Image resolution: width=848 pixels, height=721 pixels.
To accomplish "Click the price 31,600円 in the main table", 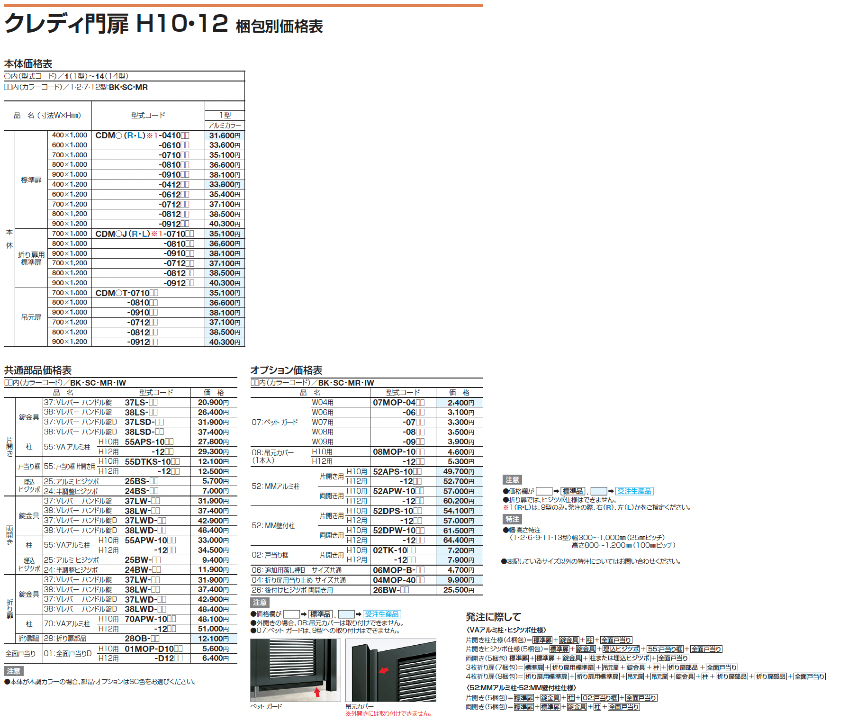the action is [225, 135].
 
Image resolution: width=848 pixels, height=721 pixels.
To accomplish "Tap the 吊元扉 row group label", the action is [31, 317].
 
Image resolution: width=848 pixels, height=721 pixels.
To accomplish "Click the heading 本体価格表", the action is [28, 63].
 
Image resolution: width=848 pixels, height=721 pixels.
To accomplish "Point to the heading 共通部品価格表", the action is [38, 370].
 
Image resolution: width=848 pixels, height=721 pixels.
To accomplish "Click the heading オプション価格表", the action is [286, 370].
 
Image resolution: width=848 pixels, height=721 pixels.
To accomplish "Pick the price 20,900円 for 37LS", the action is [213, 403].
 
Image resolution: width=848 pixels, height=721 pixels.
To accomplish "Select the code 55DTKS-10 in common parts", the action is [152, 461].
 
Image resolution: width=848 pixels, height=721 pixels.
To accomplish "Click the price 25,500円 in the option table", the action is [459, 590].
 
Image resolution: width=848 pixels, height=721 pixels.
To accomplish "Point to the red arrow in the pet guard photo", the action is [317, 692].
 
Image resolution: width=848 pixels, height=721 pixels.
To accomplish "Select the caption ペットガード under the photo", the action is [266, 706].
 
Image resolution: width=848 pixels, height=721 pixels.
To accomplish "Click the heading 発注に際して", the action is [493, 617].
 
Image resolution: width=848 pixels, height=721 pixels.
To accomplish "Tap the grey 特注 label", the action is [512, 519].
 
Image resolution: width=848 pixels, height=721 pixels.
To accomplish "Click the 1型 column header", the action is [225, 115].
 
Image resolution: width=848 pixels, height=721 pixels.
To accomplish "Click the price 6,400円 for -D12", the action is [216, 658].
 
